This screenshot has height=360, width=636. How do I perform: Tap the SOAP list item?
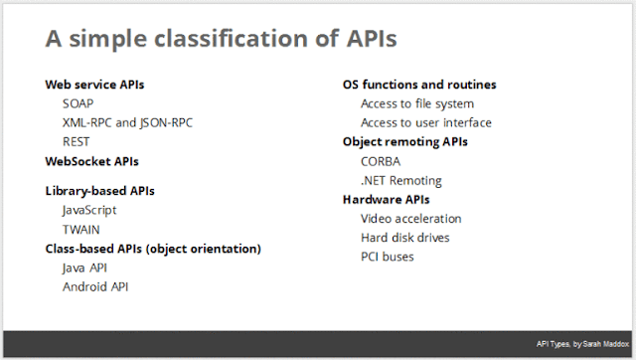(x=79, y=103)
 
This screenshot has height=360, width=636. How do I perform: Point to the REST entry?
(x=77, y=141)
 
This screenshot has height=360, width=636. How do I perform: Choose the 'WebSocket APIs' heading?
(x=92, y=160)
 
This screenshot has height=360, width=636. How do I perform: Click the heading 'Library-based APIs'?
(x=100, y=191)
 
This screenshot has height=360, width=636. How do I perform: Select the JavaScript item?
(x=89, y=210)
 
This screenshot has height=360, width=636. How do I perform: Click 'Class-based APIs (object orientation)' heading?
(x=153, y=248)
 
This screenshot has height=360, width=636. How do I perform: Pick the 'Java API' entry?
(x=85, y=268)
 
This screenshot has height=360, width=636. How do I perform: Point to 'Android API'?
(x=95, y=286)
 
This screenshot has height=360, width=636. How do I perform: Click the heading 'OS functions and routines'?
(x=419, y=85)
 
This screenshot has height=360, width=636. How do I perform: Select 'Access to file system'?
(x=417, y=103)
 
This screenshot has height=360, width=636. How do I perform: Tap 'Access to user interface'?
(x=426, y=122)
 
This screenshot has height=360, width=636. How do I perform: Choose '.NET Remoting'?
(x=401, y=180)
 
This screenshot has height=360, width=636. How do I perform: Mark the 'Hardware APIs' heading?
(x=388, y=199)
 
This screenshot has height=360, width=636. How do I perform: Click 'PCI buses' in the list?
(x=388, y=257)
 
